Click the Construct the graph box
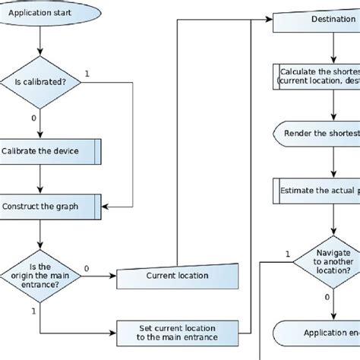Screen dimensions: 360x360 [50, 206]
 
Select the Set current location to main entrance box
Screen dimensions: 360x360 [182, 331]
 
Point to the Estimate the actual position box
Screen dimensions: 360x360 [316, 190]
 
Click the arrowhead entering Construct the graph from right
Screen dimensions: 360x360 [106, 206]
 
